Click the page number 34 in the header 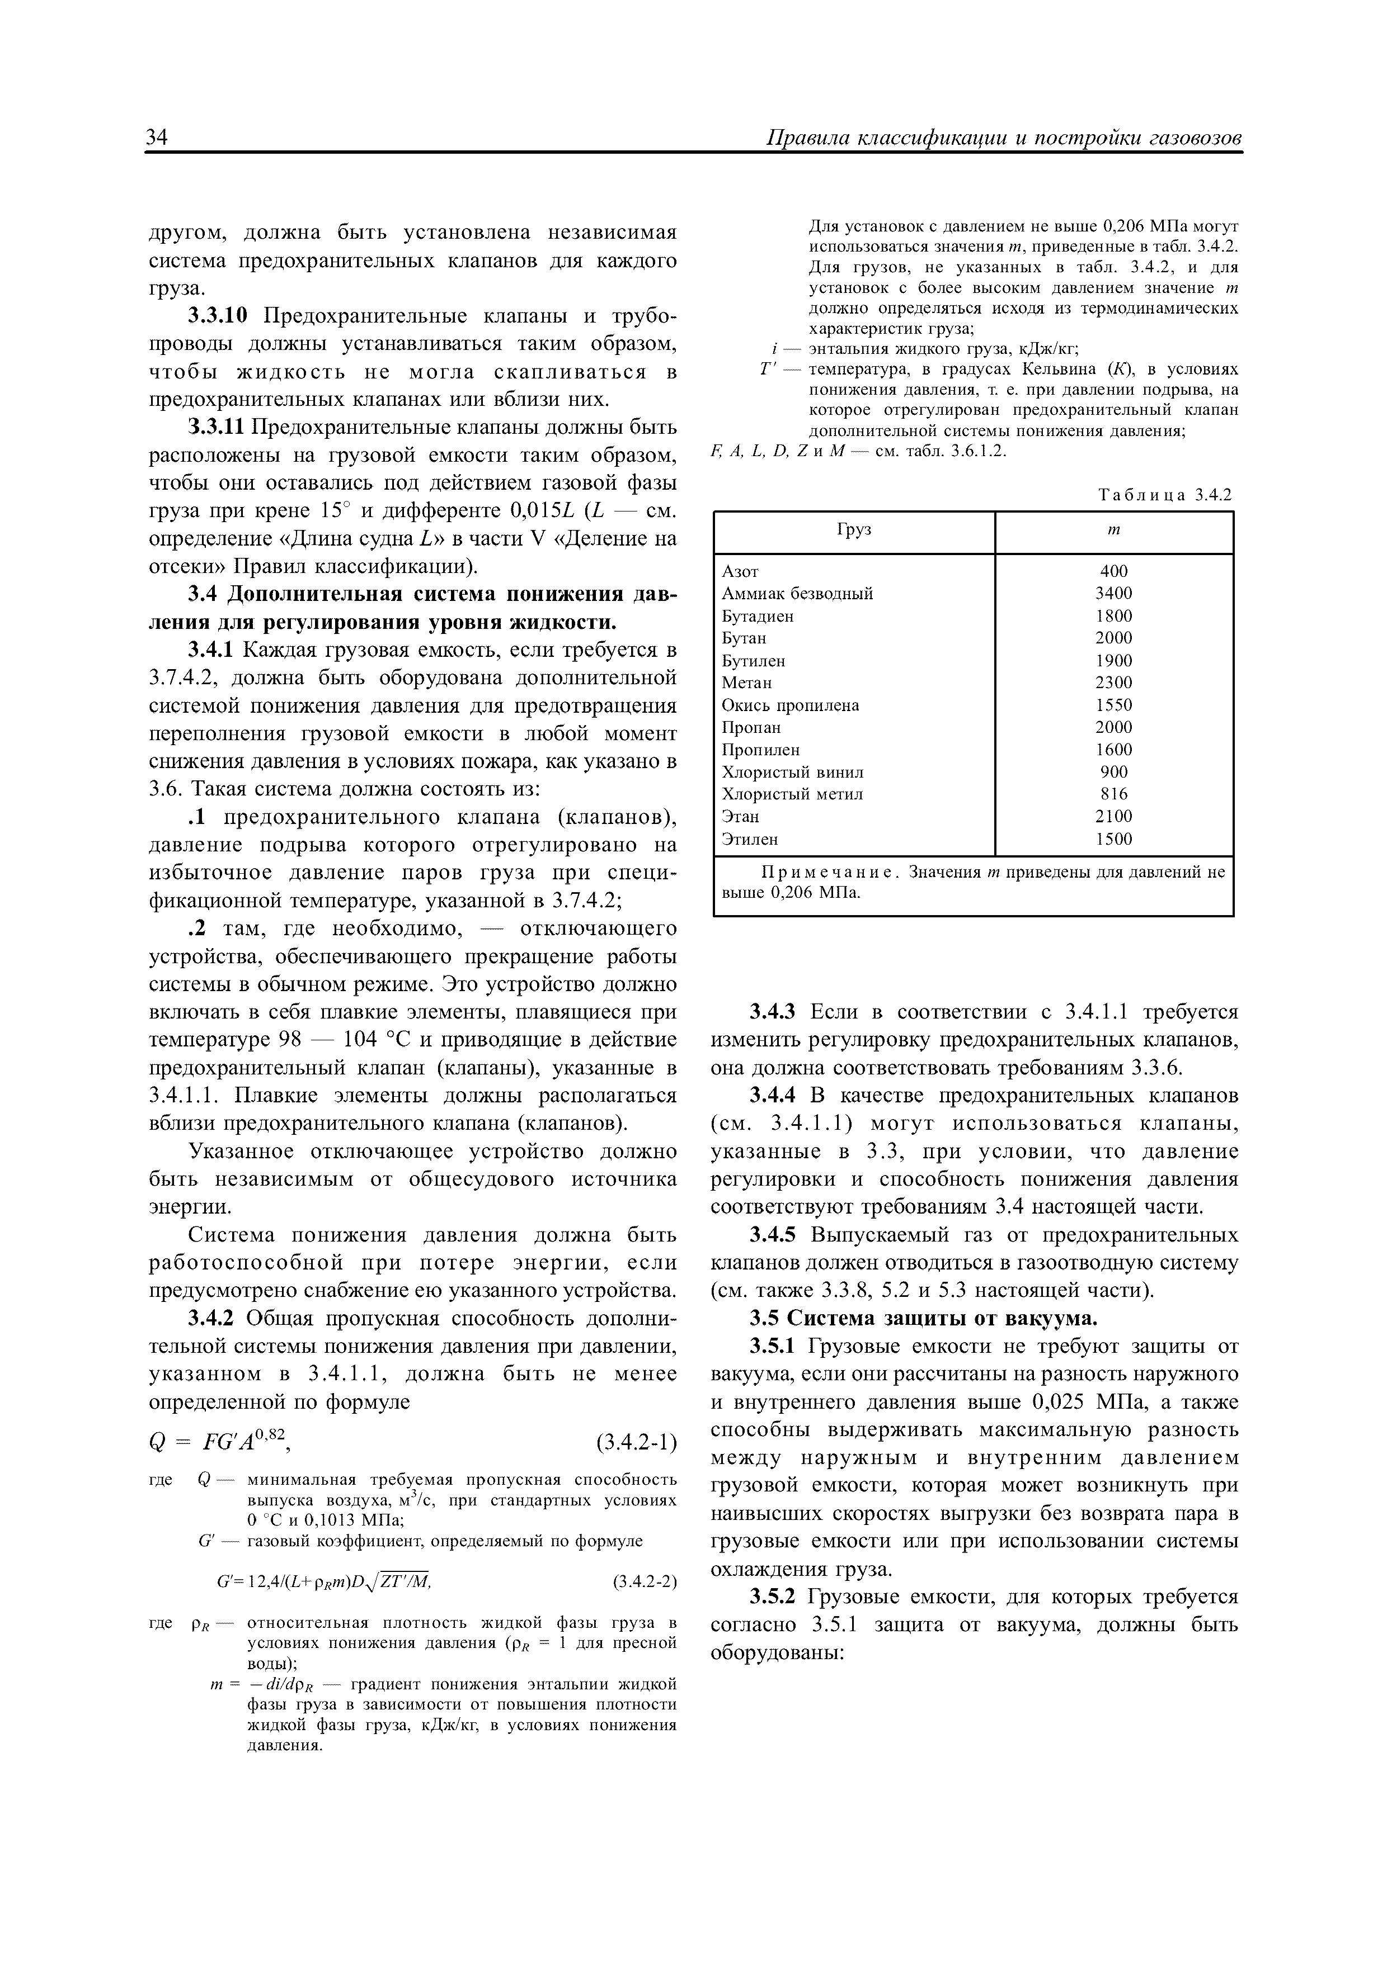[x=157, y=139]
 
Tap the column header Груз [x=854, y=529]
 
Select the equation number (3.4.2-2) [x=645, y=1582]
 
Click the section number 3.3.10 [x=218, y=317]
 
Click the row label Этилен [x=750, y=839]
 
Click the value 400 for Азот [x=1113, y=571]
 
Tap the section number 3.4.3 [x=773, y=1012]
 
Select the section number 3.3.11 [x=216, y=427]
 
